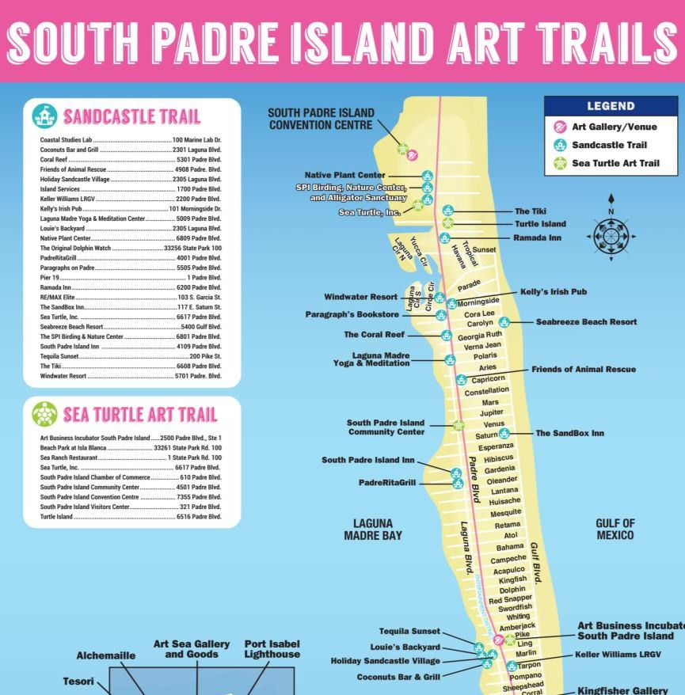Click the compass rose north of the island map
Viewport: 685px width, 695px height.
pos(611,236)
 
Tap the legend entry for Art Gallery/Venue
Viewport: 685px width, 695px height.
pos(615,127)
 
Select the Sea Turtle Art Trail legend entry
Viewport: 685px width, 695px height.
pos(615,164)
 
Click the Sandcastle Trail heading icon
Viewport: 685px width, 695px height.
pos(44,116)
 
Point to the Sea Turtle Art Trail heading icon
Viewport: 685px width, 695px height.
pos(44,414)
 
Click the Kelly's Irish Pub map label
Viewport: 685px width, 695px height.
pos(554,291)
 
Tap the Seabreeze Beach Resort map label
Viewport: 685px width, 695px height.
pos(586,322)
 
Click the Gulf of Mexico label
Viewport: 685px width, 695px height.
pos(615,530)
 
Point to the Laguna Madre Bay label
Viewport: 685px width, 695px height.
pos(373,530)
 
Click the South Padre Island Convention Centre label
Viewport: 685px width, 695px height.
pos(321,119)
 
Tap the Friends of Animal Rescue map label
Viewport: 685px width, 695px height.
pos(583,369)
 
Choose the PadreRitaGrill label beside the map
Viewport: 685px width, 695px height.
pos(387,482)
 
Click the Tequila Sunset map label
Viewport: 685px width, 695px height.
pos(409,631)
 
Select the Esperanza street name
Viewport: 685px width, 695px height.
pos(496,446)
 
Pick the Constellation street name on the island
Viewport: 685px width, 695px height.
pos(487,391)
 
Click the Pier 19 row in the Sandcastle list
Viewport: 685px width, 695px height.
pos(131,279)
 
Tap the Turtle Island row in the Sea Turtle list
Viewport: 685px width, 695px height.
pos(131,517)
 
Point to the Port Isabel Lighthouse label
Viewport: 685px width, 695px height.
pos(272,649)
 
